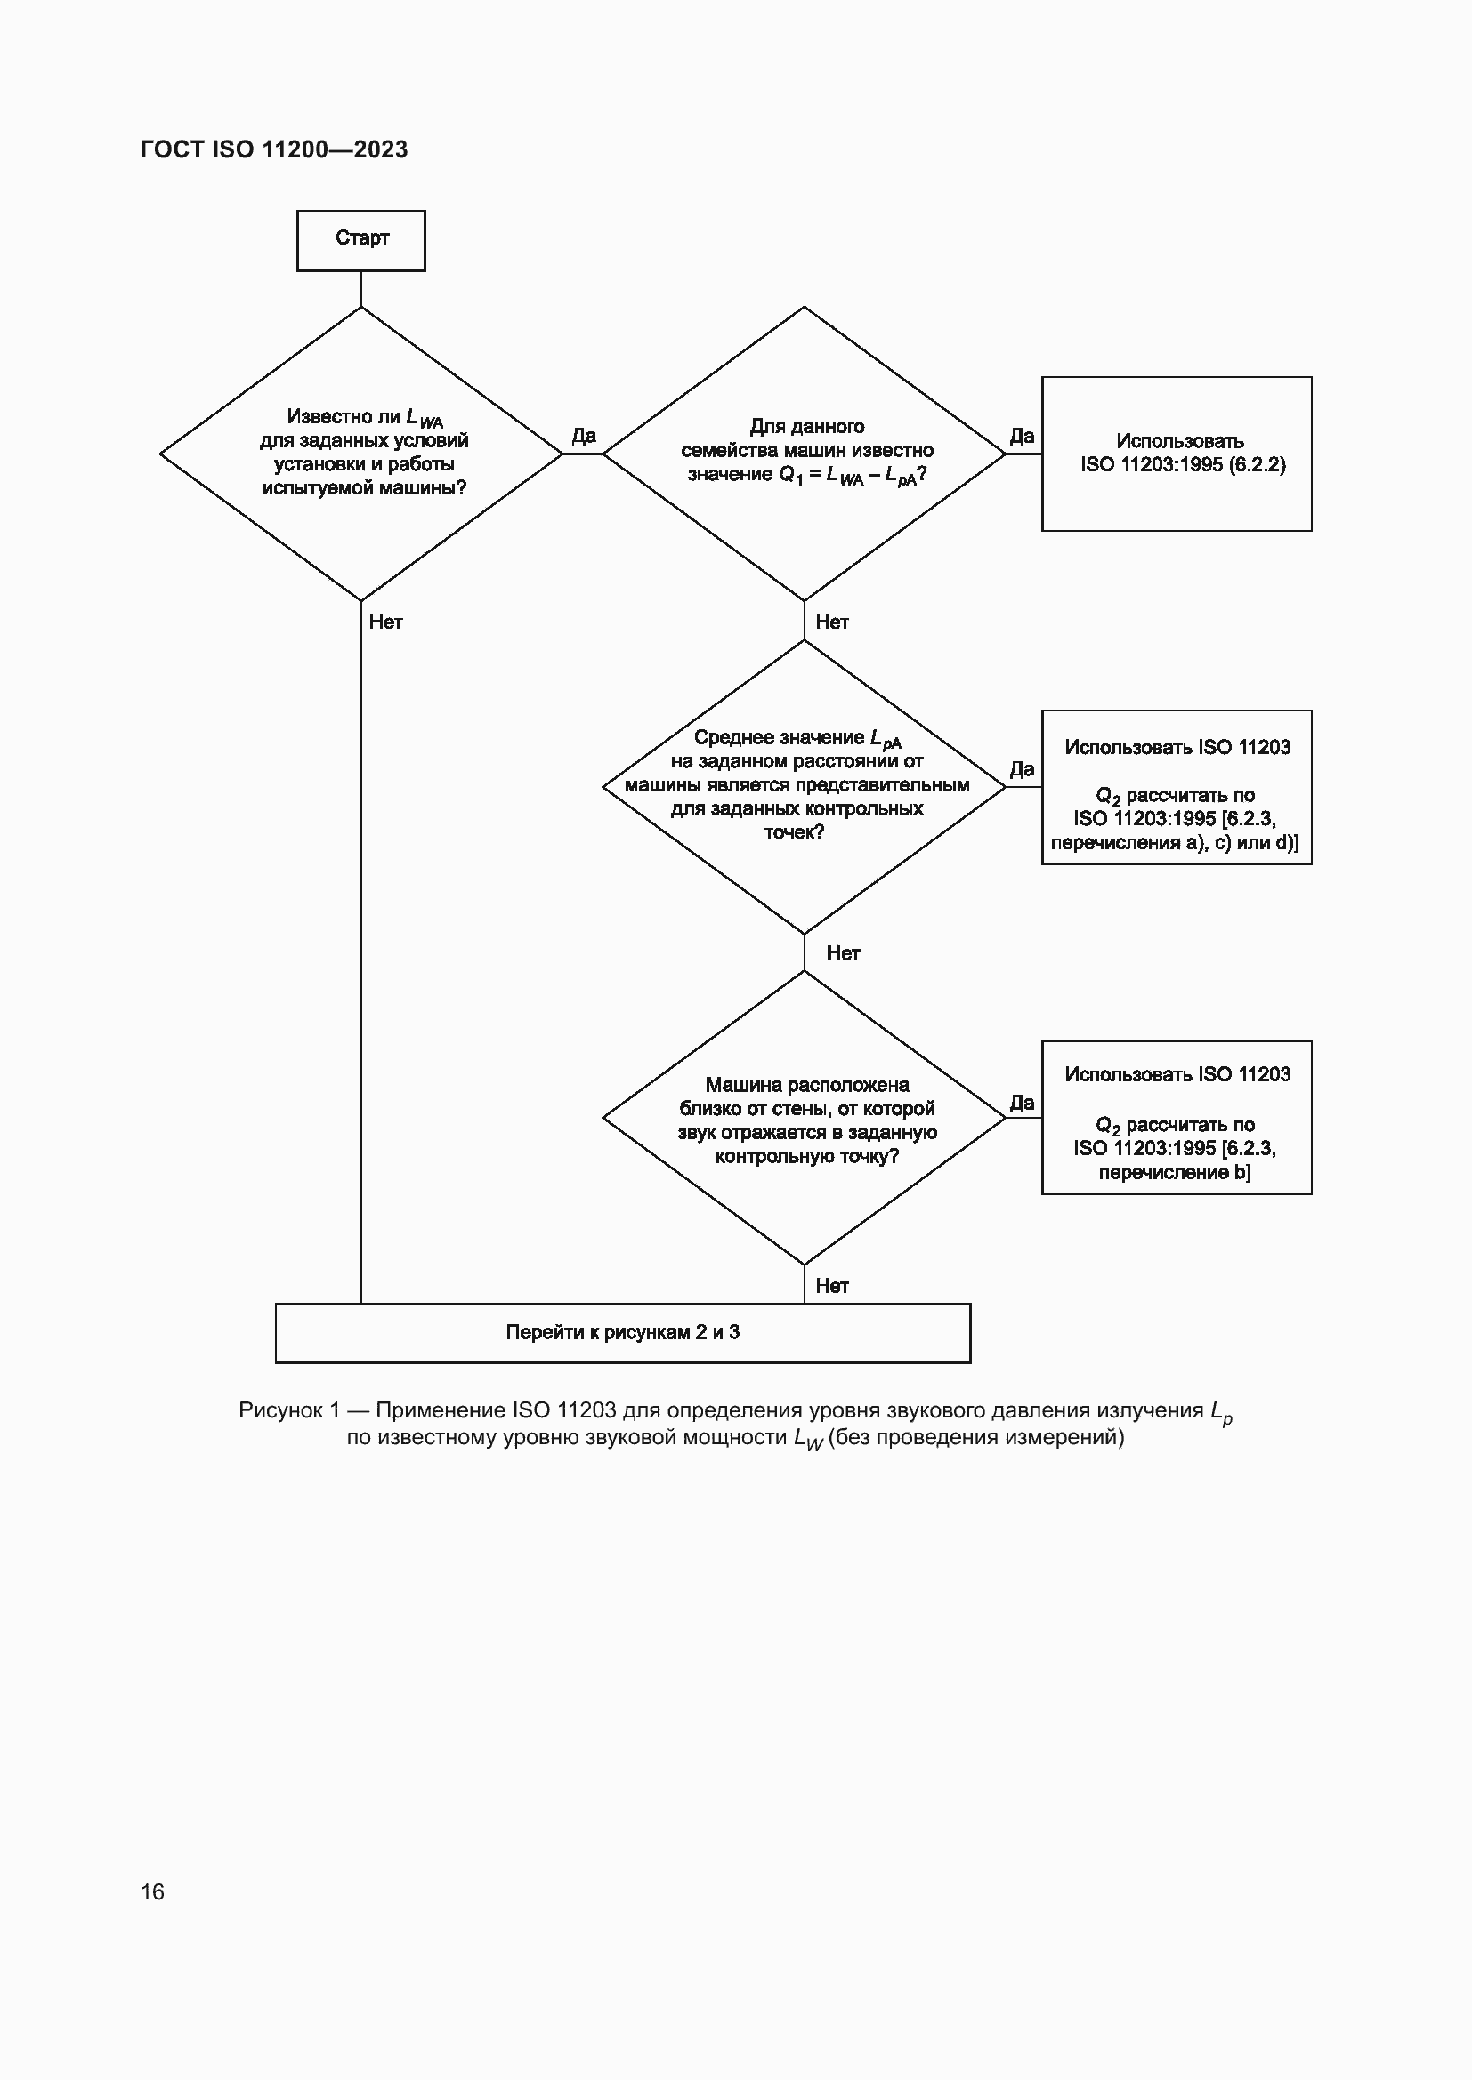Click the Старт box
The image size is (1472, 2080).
(360, 240)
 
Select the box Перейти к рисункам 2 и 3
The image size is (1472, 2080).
(623, 1333)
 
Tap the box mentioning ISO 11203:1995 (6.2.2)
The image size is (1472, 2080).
(1177, 454)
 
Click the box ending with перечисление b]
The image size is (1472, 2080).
(1177, 1118)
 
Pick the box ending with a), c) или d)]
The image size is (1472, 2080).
(1177, 787)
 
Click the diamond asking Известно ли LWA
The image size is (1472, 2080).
(360, 453)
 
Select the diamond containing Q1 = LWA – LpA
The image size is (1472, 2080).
(804, 453)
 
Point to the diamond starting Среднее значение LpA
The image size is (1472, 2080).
(804, 786)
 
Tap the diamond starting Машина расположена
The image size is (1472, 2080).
(804, 1118)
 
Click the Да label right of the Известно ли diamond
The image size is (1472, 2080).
(584, 436)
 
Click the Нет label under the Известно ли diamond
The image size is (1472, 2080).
(385, 622)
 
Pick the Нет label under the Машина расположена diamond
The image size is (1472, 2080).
(831, 1286)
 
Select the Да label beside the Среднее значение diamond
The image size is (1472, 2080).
(1022, 769)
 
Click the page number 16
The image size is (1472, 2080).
(152, 1891)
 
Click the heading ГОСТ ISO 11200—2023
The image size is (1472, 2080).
(274, 149)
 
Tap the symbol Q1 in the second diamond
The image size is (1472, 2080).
(790, 475)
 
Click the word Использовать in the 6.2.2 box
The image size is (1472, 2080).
(1179, 441)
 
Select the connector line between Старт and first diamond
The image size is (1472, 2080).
(360, 289)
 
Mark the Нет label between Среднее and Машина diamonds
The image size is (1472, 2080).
(842, 953)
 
